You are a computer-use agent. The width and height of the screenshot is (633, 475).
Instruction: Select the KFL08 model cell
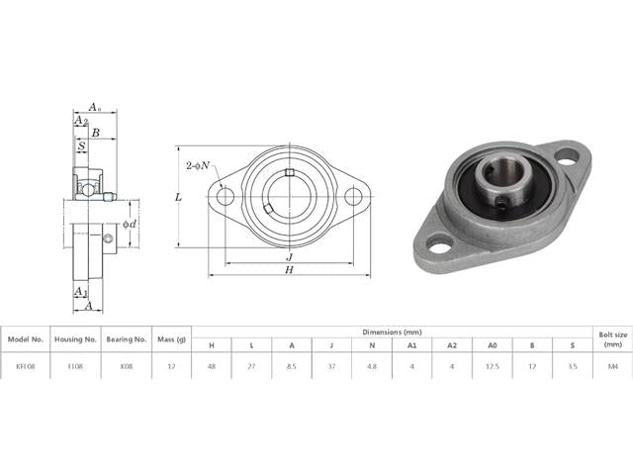25,365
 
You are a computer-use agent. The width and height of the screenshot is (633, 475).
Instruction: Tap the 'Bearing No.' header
127,338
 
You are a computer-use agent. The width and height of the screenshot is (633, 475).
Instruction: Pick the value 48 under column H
211,365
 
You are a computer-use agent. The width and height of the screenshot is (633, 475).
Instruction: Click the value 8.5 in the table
291,365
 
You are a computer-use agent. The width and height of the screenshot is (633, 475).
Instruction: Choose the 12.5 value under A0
492,365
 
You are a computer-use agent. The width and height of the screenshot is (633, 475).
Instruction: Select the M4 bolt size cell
611,365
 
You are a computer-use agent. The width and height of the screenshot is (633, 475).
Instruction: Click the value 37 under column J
331,365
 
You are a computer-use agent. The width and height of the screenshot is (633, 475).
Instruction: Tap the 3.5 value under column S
572,365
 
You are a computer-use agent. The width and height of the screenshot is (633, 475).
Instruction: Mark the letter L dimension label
177,198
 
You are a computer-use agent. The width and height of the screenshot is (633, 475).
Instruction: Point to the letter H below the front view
288,269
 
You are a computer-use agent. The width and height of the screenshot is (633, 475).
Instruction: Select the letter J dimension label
288,254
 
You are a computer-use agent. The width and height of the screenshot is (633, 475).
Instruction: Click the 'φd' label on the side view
129,225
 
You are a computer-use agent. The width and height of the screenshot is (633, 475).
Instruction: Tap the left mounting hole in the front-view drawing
226,196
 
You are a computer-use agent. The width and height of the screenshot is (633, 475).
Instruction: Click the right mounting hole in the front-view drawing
352,196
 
